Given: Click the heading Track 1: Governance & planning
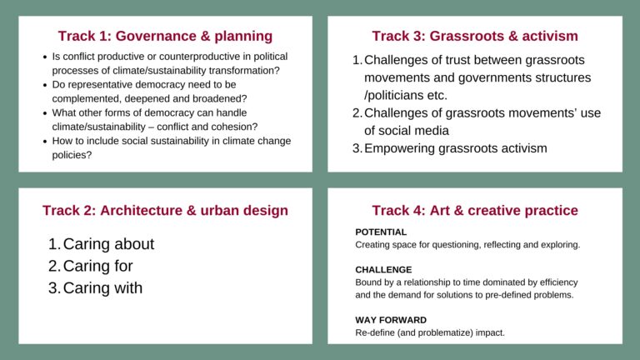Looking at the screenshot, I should tap(165, 36).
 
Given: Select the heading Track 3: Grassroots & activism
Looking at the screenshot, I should tap(474, 36).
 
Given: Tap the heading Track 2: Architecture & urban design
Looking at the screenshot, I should tap(165, 210).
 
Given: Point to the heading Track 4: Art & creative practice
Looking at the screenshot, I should tap(474, 210).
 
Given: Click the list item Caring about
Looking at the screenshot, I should tap(108, 244).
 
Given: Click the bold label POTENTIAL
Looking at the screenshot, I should tap(381, 232).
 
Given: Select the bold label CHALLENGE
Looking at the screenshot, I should tap(383, 270).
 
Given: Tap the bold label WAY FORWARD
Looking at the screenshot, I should tap(391, 320).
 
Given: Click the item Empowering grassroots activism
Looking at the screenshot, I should tap(455, 148).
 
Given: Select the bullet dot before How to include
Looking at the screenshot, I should tap(44, 142).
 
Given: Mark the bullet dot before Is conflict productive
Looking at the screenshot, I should tap(44, 57).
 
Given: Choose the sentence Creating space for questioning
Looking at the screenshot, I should tap(467, 245).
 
